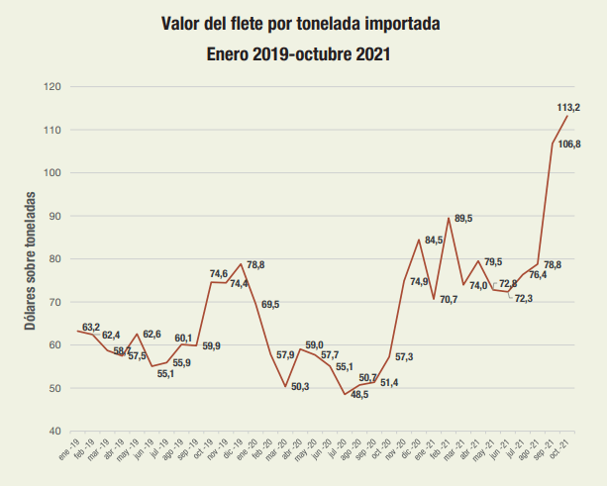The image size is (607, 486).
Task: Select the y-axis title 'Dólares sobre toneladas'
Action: [x=33, y=259]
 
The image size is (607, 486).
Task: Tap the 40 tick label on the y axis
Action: [x=54, y=432]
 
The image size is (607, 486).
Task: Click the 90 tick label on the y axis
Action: [x=54, y=216]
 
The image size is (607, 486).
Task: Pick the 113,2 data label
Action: [x=568, y=107]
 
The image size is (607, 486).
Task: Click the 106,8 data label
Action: [x=569, y=145]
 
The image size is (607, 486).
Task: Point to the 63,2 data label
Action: [x=91, y=327]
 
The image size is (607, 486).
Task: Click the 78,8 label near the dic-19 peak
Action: [x=255, y=265]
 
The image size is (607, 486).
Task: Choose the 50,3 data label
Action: [x=299, y=386]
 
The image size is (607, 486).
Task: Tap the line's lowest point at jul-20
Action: [x=345, y=395]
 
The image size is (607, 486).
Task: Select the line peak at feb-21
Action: [x=449, y=218]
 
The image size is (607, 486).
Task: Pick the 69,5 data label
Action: [x=269, y=304]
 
